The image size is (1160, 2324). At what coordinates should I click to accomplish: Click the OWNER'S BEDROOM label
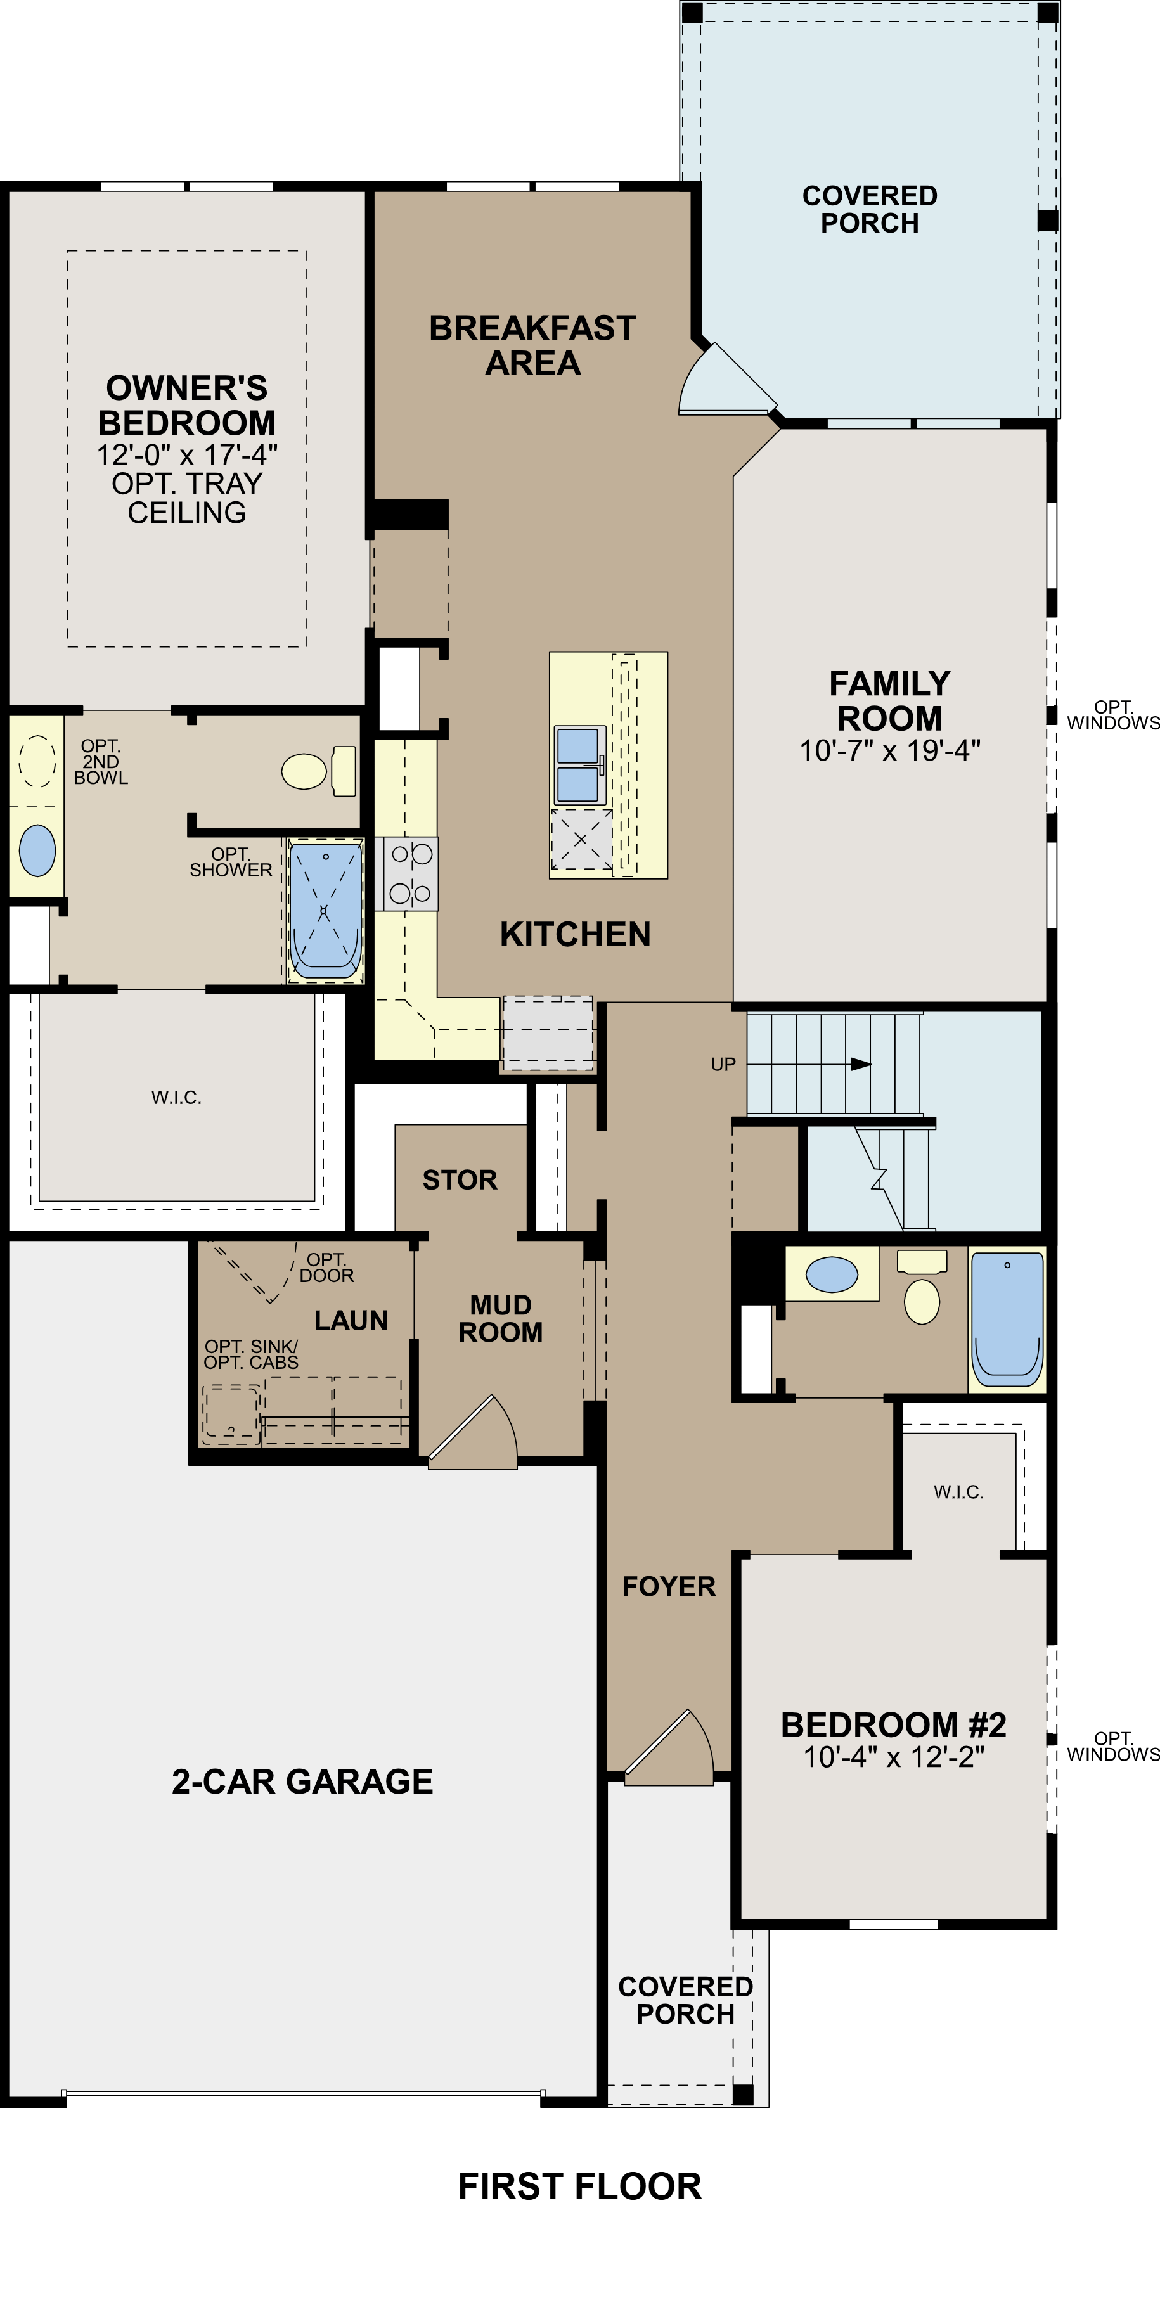187,405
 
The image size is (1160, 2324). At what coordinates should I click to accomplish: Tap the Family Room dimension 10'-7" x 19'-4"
889,750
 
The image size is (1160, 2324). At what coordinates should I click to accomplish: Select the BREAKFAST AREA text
532,345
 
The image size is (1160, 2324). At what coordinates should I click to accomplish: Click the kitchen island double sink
578,765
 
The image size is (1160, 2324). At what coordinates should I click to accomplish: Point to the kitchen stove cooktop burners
410,873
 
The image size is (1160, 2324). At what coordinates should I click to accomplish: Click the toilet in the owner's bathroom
318,771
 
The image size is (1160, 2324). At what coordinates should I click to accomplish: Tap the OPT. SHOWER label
231,863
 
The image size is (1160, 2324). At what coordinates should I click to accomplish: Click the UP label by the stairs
723,1065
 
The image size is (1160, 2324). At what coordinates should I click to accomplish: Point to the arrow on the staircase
860,1065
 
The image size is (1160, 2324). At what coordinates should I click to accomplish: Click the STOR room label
460,1180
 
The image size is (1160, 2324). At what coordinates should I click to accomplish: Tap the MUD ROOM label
501,1319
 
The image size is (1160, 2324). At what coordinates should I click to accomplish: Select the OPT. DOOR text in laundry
326,1268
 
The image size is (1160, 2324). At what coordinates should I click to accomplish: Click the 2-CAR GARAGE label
302,1782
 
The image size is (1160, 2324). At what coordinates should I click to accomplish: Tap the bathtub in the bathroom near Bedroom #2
1008,1319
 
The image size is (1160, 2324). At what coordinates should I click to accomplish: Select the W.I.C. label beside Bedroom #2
958,1493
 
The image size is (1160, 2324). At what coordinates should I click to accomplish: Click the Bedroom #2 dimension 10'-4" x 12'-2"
893,1757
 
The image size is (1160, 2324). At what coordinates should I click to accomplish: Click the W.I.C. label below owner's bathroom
177,1098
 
